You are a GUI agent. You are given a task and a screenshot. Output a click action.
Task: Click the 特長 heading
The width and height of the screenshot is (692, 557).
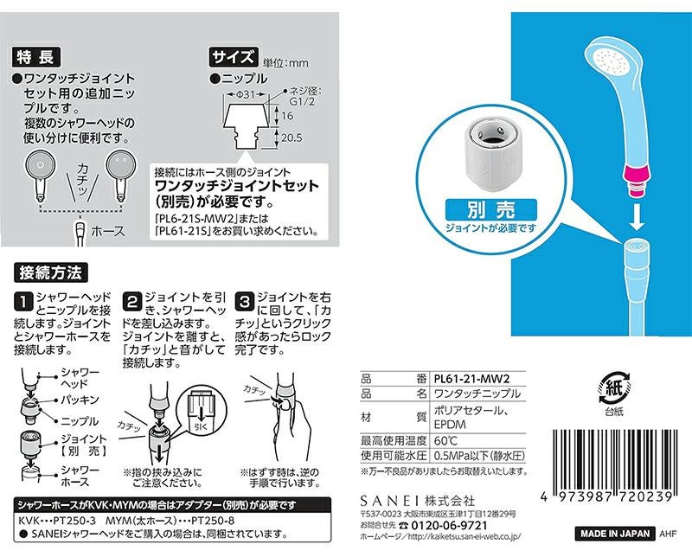pyautogui.click(x=36, y=57)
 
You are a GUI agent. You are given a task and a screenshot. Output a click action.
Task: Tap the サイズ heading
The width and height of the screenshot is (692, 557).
pyautogui.click(x=234, y=57)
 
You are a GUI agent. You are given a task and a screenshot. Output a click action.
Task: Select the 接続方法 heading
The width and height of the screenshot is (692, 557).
pyautogui.click(x=51, y=272)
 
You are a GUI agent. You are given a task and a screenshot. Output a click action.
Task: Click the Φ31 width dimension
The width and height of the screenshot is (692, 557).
pyautogui.click(x=247, y=94)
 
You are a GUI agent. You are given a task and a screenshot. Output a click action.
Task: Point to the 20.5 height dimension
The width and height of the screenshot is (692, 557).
pyautogui.click(x=292, y=138)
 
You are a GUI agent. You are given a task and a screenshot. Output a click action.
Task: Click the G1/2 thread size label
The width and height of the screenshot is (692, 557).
pyautogui.click(x=302, y=101)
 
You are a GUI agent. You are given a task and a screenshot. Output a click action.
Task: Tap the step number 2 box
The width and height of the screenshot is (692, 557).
pyautogui.click(x=132, y=302)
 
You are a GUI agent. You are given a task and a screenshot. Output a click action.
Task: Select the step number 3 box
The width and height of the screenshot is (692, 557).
pyautogui.click(x=244, y=302)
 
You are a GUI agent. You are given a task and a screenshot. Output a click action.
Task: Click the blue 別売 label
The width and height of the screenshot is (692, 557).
pyautogui.click(x=490, y=210)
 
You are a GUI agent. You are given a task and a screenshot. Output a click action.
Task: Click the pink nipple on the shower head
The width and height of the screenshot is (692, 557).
pyautogui.click(x=637, y=176)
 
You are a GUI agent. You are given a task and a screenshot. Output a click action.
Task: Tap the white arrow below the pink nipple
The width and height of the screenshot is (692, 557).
pyautogui.click(x=636, y=217)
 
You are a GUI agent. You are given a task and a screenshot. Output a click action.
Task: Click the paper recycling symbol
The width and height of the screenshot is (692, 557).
pyautogui.click(x=614, y=388)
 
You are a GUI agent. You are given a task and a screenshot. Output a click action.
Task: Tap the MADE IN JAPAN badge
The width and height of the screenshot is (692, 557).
pyautogui.click(x=615, y=533)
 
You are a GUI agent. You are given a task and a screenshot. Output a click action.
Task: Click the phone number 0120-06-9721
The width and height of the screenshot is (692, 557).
pyautogui.click(x=449, y=526)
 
